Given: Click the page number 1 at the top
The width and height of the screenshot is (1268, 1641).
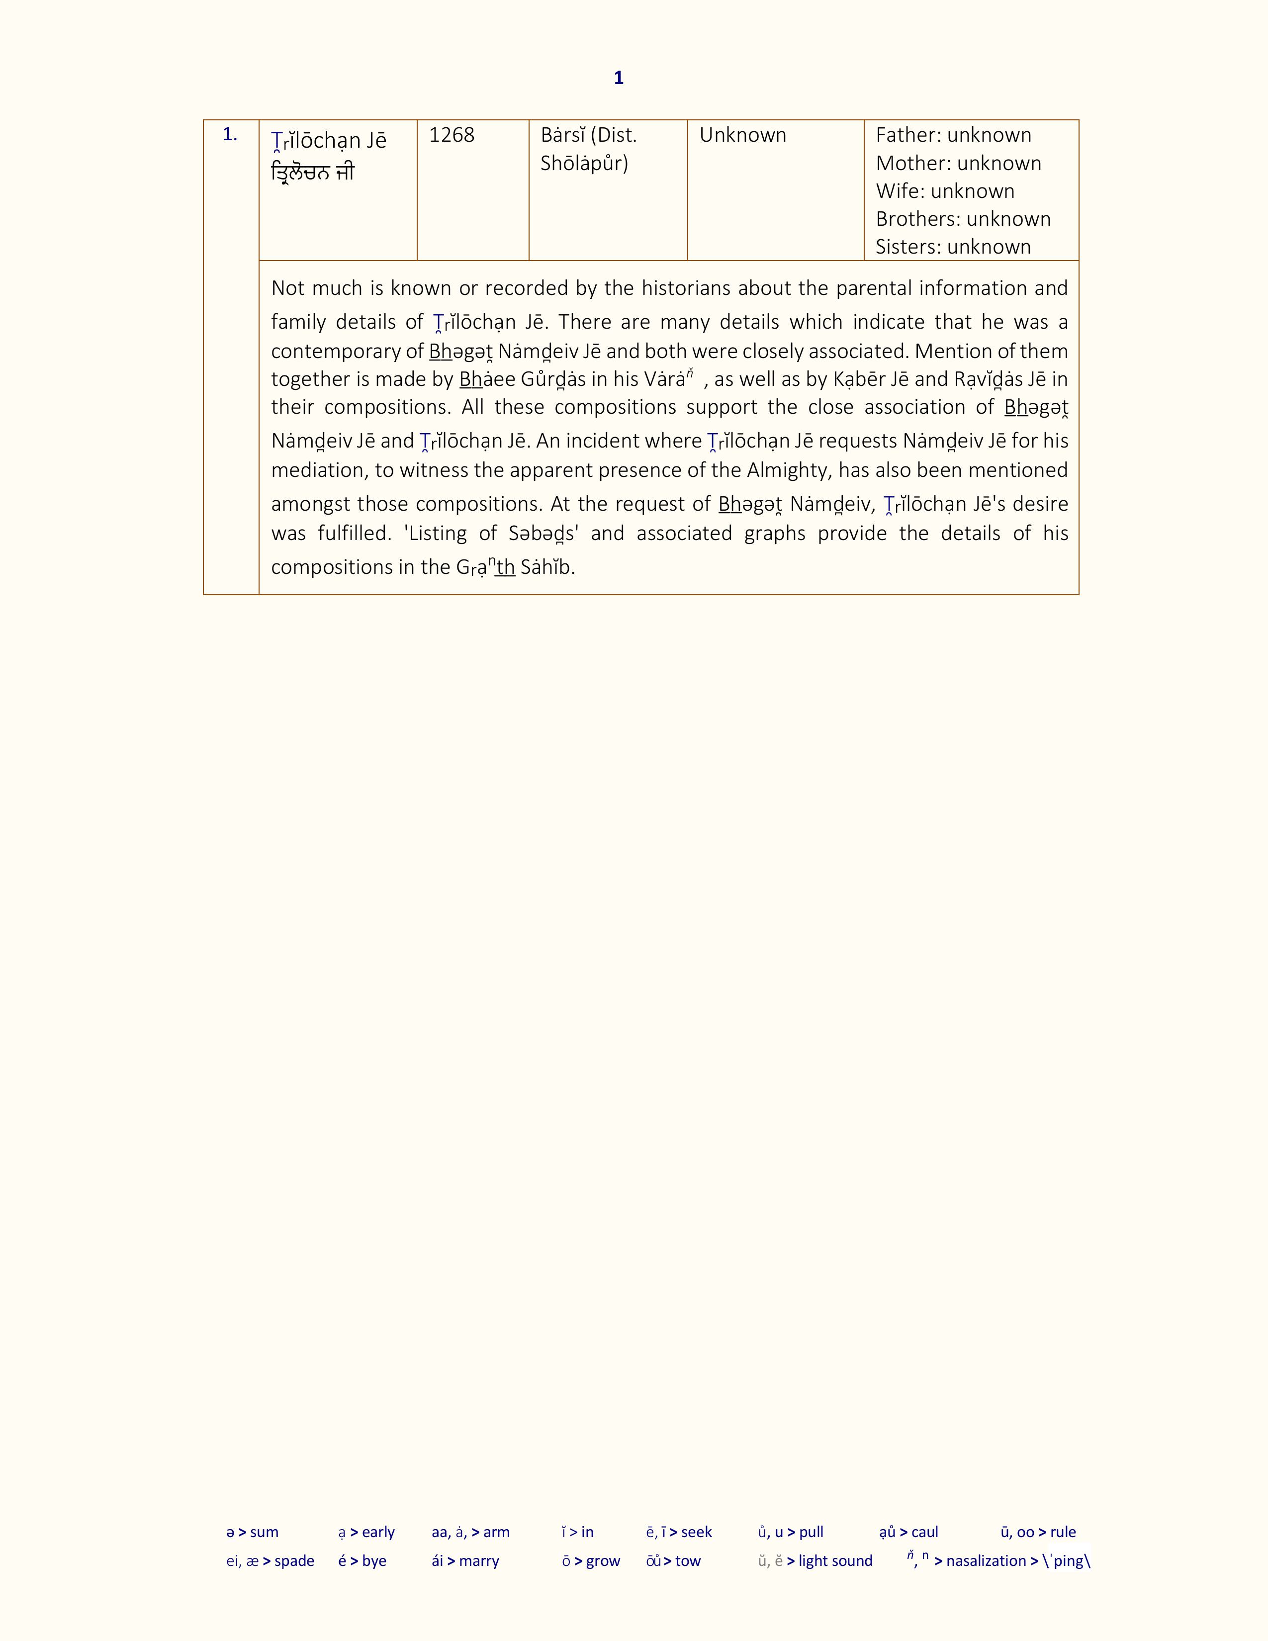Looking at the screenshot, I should tap(618, 78).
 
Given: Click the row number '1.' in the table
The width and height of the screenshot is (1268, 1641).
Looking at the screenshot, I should tap(230, 135).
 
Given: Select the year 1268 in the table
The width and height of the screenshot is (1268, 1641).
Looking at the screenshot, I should tap(452, 135).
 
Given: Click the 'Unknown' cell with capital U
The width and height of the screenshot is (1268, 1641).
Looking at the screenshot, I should tap(742, 135).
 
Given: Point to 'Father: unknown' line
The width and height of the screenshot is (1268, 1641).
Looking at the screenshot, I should tap(953, 135).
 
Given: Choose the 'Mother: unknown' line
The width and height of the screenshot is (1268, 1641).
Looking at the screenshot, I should tap(959, 163).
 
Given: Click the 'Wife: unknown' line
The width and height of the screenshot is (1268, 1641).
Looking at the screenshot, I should tap(945, 191).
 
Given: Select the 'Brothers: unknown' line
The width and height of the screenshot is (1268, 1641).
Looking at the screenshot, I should tap(963, 219).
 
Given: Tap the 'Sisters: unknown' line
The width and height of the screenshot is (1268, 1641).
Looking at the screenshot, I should tap(953, 247).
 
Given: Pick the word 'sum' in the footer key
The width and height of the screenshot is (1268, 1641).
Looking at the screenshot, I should tap(265, 1532).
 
